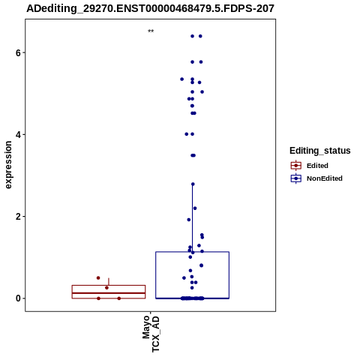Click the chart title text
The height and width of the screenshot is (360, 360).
(x=150, y=8)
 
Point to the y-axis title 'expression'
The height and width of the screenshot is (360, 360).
(x=8, y=165)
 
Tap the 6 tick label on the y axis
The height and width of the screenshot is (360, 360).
(x=18, y=52)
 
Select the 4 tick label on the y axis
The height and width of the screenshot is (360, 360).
(x=18, y=135)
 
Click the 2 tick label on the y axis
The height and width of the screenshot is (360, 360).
(x=18, y=217)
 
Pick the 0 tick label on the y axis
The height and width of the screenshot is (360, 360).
(x=18, y=298)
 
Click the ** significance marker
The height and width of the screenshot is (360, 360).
(x=151, y=31)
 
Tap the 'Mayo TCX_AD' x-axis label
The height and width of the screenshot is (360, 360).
(x=151, y=334)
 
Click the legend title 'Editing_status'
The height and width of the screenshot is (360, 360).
(x=320, y=151)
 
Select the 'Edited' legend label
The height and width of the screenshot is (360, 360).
(x=317, y=166)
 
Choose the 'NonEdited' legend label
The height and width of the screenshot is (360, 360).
(x=325, y=178)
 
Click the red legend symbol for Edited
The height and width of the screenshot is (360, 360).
(x=296, y=166)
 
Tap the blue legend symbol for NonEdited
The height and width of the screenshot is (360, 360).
(x=296, y=178)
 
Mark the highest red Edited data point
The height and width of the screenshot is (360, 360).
(x=98, y=278)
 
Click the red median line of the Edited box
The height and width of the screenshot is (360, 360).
(x=109, y=293)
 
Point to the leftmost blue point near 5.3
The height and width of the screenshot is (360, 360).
(x=182, y=79)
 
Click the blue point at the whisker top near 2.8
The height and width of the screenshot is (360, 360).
(x=193, y=184)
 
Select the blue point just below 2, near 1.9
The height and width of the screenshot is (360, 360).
(x=189, y=220)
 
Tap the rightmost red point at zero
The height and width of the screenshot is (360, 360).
(x=119, y=298)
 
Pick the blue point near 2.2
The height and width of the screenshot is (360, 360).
(x=195, y=208)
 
